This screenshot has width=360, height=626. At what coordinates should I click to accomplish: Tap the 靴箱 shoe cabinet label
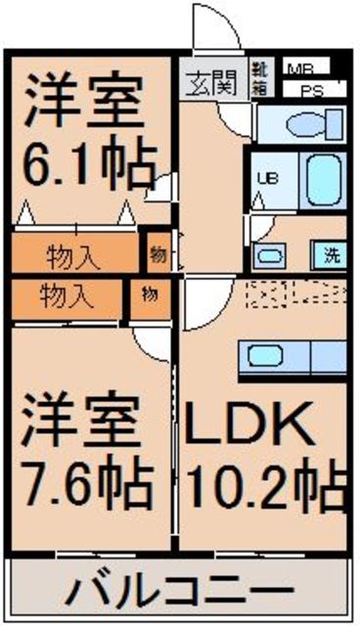click(262, 77)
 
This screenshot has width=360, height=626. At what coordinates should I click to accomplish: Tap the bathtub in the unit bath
click(320, 178)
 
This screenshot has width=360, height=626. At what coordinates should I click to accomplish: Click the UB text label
click(265, 178)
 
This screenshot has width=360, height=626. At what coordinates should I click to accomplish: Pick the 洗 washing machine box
click(331, 256)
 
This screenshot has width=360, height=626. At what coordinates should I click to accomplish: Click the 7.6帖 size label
click(89, 480)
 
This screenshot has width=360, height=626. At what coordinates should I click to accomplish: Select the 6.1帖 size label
click(87, 168)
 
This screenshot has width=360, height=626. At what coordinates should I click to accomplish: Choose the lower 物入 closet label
click(66, 293)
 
